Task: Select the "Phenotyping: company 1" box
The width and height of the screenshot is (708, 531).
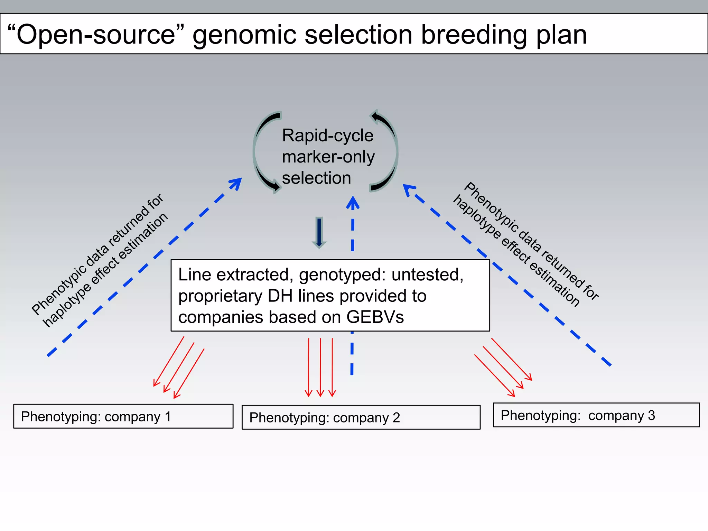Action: click(x=123, y=416)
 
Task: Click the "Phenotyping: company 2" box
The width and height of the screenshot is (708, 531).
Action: click(x=361, y=417)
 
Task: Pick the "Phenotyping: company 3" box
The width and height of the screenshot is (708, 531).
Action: click(x=596, y=415)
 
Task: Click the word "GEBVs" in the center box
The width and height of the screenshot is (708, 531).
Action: click(x=375, y=317)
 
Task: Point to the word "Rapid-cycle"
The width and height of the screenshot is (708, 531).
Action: click(x=327, y=135)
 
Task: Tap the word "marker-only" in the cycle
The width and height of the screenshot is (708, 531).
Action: click(x=328, y=157)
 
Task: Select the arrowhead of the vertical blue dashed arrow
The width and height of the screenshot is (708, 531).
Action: click(x=353, y=202)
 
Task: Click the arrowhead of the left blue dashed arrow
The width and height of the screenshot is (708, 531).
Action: click(x=236, y=183)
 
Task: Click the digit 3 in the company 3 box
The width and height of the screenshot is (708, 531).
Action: click(x=651, y=415)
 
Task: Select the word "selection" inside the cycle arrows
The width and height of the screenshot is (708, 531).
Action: click(x=316, y=178)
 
